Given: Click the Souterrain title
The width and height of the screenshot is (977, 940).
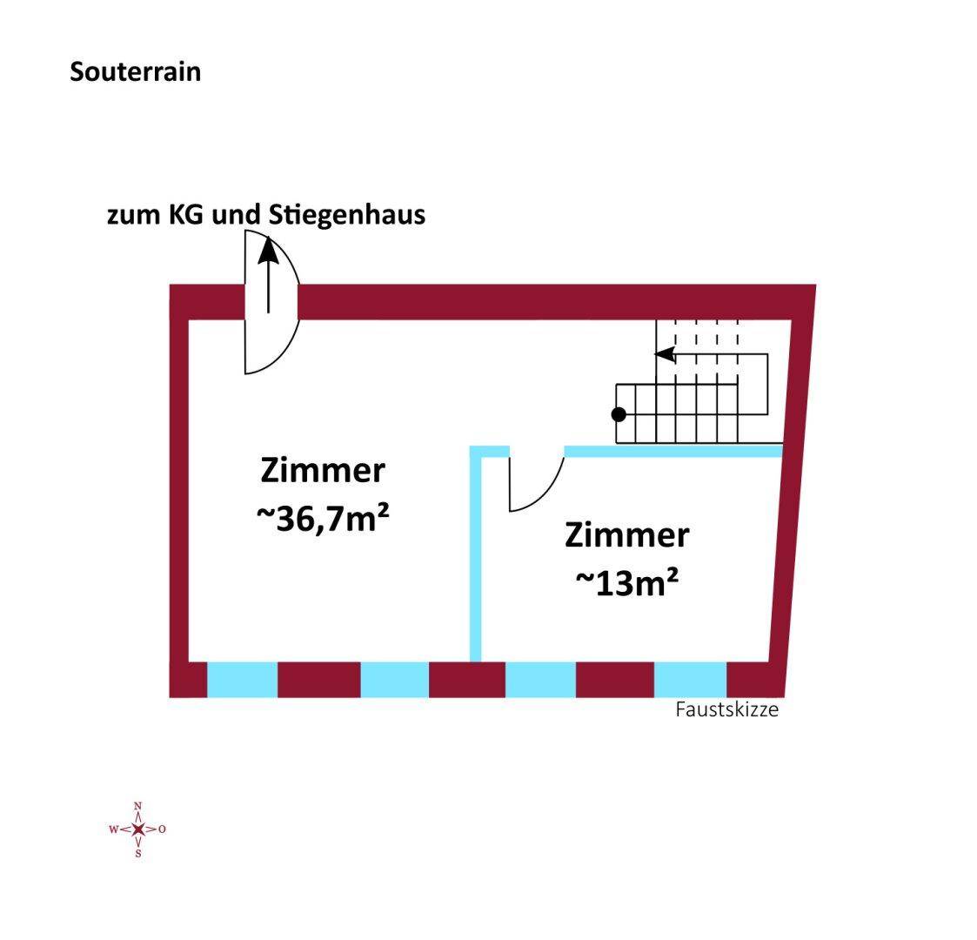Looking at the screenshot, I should (x=135, y=71).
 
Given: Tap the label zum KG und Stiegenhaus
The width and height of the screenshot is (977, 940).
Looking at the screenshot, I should (x=266, y=214).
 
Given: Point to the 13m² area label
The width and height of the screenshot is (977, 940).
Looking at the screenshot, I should (x=626, y=582).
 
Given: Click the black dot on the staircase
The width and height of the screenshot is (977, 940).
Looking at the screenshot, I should (x=619, y=414).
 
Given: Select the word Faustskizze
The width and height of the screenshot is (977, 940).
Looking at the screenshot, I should (x=726, y=709).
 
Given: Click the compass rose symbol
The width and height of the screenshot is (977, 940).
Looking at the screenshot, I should (x=138, y=829).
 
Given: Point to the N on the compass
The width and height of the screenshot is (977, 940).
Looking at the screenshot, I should (x=138, y=807).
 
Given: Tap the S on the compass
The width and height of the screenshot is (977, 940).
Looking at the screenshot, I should (x=138, y=853).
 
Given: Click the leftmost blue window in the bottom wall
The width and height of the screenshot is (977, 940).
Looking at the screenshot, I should (x=242, y=680).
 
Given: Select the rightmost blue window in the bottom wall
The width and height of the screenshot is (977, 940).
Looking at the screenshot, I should (x=690, y=680).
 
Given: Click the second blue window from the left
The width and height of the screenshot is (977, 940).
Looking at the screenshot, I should (x=395, y=680).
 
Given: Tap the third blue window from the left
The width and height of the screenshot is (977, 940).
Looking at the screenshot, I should (x=540, y=680).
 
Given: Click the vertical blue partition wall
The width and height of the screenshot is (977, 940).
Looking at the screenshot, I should (x=476, y=557).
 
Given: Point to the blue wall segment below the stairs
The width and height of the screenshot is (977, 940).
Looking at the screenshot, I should (x=673, y=451).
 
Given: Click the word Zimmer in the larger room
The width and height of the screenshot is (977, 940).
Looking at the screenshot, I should (x=322, y=471).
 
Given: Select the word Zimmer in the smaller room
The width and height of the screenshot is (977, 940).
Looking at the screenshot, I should (x=626, y=535).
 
